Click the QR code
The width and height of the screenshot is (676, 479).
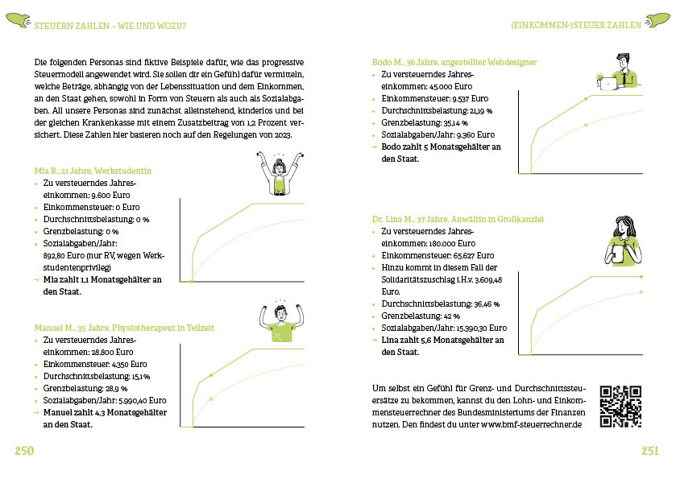620,407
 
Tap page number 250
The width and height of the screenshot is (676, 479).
24,450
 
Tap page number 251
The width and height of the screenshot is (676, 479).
650,450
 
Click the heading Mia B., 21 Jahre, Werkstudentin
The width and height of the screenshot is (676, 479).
93,171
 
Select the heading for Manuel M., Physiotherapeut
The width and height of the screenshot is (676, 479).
123,328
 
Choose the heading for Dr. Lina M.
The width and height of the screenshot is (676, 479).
458,218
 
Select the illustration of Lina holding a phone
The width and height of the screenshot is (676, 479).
621,239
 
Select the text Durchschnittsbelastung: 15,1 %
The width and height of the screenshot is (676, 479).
97,376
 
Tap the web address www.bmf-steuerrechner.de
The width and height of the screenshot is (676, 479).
531,423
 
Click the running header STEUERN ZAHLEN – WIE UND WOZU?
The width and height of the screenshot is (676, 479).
110,25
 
